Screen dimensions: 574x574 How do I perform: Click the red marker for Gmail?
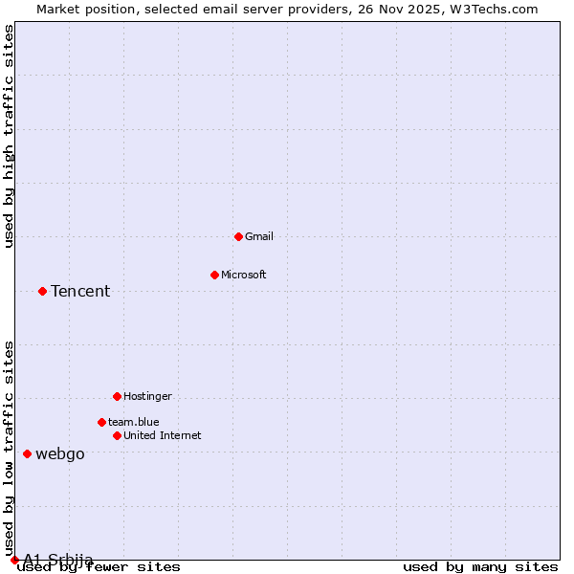(x=238, y=236)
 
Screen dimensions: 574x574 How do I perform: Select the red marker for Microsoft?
(x=214, y=275)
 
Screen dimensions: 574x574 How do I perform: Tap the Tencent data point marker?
(x=42, y=291)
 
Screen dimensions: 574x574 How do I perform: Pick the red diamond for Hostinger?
(x=117, y=396)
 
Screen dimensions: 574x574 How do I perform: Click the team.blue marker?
(x=101, y=422)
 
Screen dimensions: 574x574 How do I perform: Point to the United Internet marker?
(x=117, y=435)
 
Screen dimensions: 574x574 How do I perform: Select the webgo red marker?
(x=27, y=453)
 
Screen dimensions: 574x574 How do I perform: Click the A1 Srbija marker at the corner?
(x=14, y=560)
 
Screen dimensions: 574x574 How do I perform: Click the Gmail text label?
(x=259, y=236)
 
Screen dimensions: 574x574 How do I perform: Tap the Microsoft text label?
(x=244, y=275)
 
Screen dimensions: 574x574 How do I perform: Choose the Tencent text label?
(x=80, y=291)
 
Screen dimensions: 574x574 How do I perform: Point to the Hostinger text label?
(x=147, y=396)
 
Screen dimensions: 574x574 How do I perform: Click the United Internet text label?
(x=162, y=435)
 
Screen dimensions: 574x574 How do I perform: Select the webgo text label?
(x=59, y=453)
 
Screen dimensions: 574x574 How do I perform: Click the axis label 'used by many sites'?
(x=480, y=567)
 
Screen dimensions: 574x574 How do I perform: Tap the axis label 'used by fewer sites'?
(x=99, y=567)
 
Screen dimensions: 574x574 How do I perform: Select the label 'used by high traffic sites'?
(x=9, y=136)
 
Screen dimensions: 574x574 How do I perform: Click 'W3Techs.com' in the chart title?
(x=495, y=9)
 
